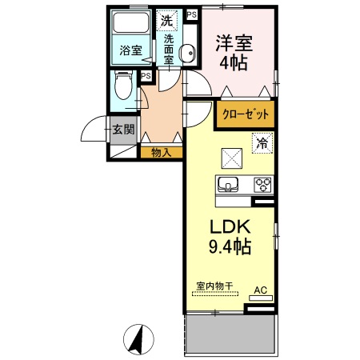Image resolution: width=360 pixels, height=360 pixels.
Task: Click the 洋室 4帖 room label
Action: [x=234, y=52]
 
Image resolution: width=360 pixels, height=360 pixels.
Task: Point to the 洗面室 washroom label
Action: [x=170, y=49]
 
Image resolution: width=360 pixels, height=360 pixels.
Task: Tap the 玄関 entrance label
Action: [x=122, y=130]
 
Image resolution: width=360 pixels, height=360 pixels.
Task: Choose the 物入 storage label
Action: [x=161, y=150]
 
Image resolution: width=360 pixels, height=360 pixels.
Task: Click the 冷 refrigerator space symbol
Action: [x=262, y=144]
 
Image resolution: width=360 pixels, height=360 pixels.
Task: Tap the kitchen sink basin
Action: [x=227, y=185]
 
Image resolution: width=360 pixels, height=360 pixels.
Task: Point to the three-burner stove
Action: [x=262, y=185]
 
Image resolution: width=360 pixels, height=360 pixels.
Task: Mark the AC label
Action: [x=260, y=290]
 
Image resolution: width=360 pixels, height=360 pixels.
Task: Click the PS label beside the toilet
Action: [x=146, y=77]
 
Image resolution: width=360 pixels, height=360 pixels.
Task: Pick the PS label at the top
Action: [x=191, y=14]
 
